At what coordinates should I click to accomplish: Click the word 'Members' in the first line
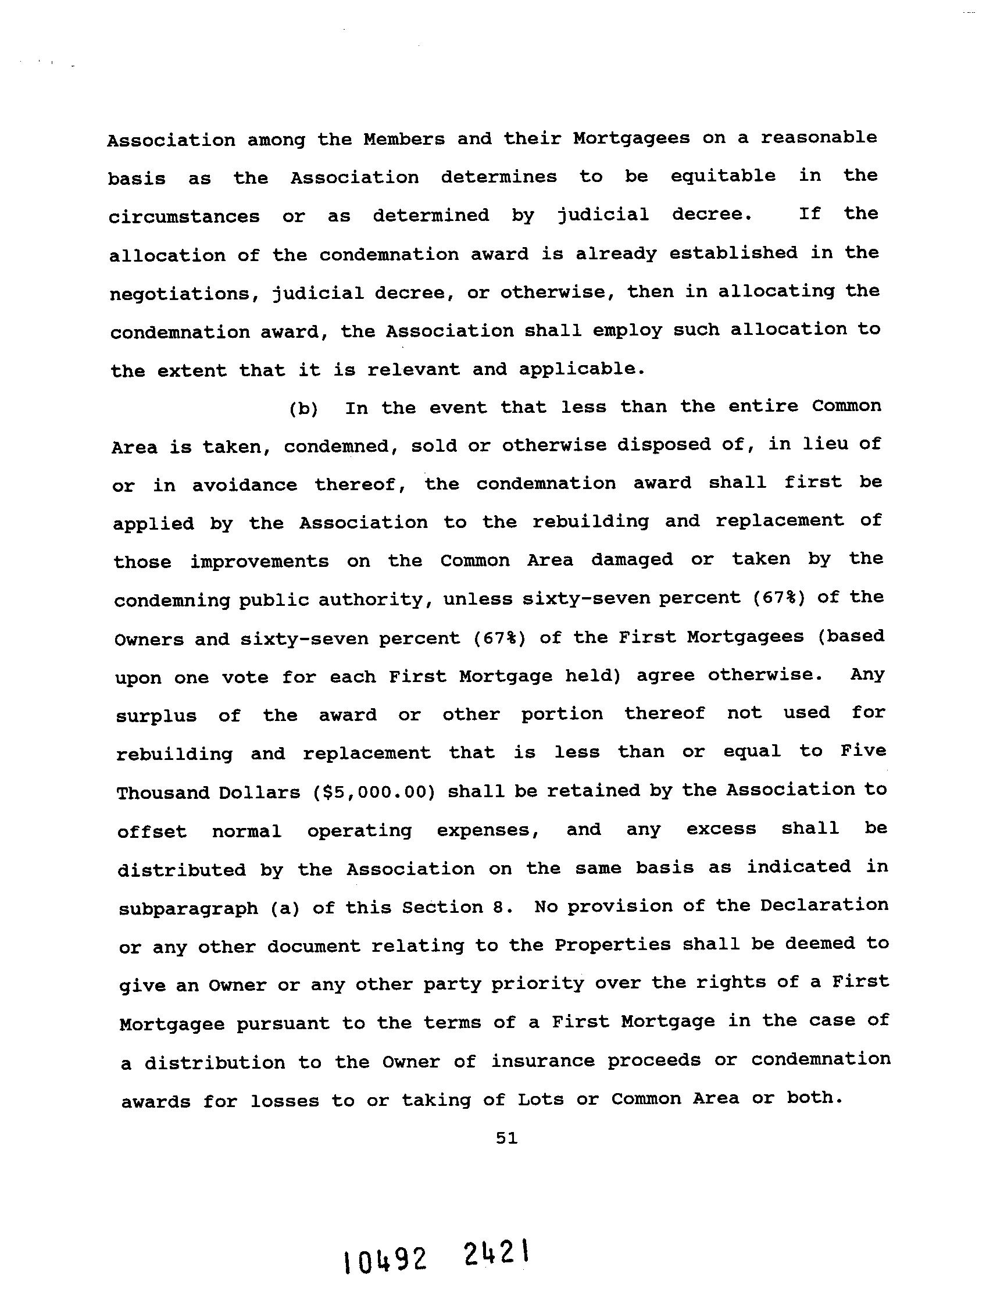coord(403,140)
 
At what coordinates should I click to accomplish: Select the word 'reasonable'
coord(818,138)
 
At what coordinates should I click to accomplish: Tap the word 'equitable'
coord(723,176)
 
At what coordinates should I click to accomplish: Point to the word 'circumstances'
coord(184,217)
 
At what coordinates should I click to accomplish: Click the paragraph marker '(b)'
coord(303,409)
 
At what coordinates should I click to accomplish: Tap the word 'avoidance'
coord(244,485)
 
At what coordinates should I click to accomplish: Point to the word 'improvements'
coord(259,561)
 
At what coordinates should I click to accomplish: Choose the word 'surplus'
coord(156,716)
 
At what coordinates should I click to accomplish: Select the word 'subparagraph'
coord(188,908)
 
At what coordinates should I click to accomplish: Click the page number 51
coord(506,1138)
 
